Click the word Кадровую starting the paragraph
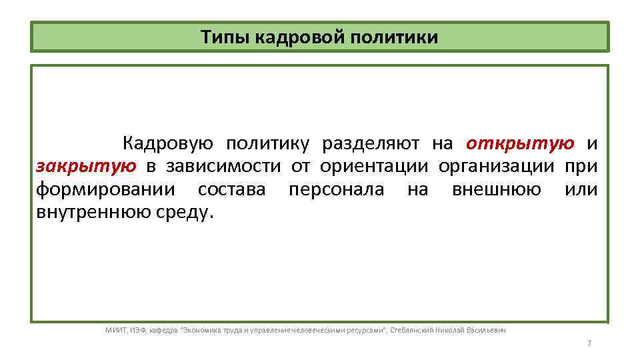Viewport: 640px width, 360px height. point(167,143)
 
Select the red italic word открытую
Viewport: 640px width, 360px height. point(520,143)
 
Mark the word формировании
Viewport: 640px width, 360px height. point(106,189)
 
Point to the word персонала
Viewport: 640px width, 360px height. point(337,189)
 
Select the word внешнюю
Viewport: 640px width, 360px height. point(496,189)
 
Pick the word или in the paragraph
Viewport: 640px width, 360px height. point(581,189)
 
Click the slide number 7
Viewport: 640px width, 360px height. point(589,343)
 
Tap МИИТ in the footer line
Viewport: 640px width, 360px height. point(115,330)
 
